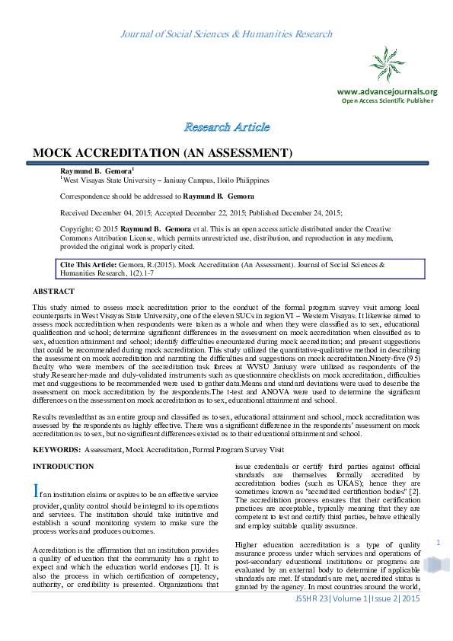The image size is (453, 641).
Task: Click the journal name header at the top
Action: click(x=226, y=34)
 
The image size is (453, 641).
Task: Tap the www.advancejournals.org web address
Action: click(x=387, y=91)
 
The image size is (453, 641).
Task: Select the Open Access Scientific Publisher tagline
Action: click(x=387, y=100)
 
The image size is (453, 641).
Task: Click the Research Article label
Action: click(x=226, y=126)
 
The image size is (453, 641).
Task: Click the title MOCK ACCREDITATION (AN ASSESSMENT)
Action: click(x=162, y=153)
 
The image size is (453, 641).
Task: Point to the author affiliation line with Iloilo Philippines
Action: click(x=164, y=180)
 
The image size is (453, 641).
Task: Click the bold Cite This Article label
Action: click(x=88, y=263)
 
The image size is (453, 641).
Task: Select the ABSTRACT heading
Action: click(x=53, y=292)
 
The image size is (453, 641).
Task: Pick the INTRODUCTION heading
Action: click(x=63, y=466)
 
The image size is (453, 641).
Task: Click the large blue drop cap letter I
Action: click(x=36, y=491)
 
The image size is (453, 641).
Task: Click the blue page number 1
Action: click(x=439, y=542)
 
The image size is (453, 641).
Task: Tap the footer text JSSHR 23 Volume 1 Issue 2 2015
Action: click(x=357, y=621)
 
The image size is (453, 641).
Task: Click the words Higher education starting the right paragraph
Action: click(x=262, y=545)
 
